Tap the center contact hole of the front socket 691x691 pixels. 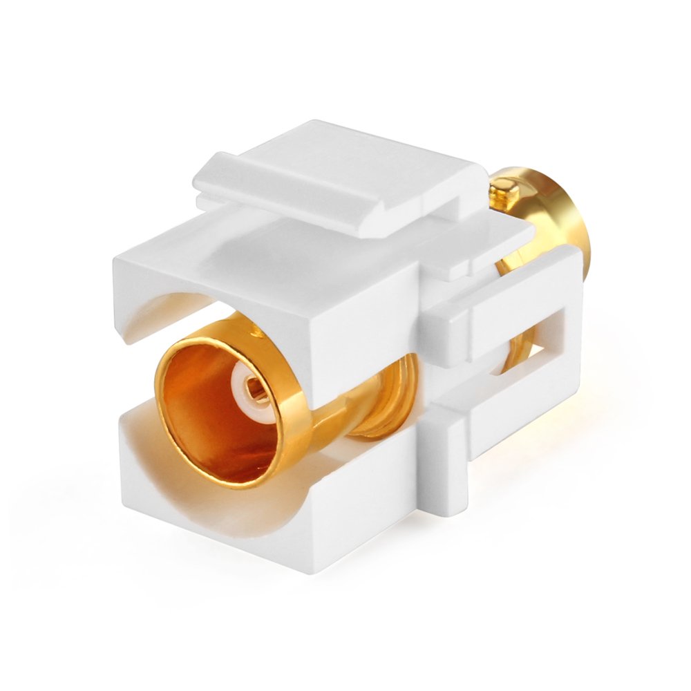[254, 391]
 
